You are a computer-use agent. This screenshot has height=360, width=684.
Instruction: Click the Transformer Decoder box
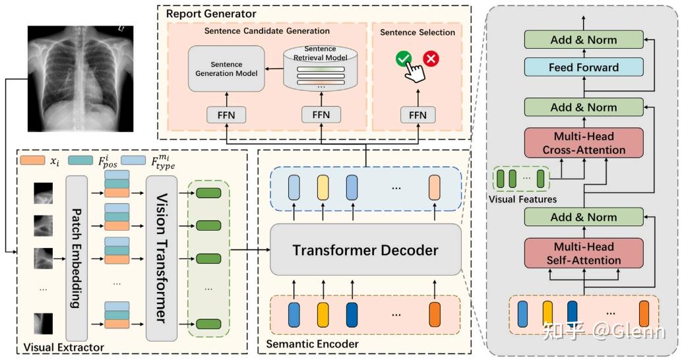365,250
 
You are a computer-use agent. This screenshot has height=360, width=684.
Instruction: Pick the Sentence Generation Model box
226,69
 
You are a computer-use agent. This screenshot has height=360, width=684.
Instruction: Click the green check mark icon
403,59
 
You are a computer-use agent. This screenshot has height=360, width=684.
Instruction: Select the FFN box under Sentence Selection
417,115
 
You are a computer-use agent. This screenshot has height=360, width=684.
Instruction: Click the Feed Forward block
583,67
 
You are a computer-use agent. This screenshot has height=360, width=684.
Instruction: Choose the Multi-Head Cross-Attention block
583,143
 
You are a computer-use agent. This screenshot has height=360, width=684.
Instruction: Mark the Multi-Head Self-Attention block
583,253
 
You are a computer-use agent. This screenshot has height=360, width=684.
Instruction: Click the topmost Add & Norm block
583,40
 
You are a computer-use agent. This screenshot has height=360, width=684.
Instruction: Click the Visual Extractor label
63,347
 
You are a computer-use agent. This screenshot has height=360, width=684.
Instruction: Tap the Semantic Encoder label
303,344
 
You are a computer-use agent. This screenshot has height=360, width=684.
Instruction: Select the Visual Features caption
522,199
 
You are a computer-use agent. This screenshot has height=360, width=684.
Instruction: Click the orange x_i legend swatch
32,160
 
